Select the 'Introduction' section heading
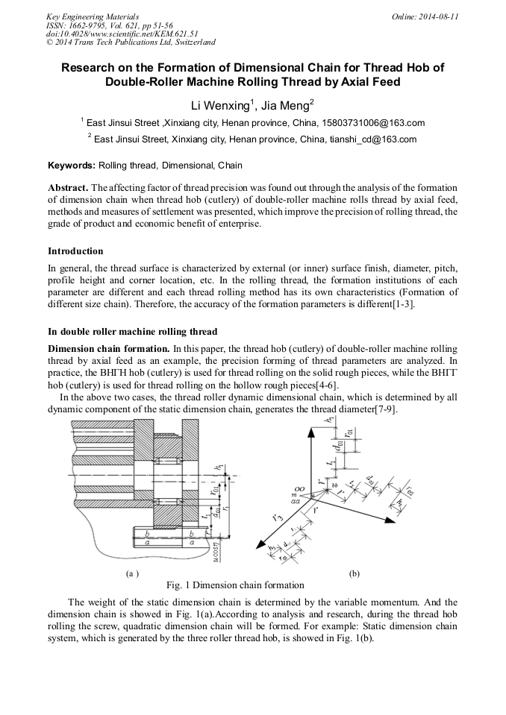(75, 251)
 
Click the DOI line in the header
(122, 34)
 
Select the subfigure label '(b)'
(354, 573)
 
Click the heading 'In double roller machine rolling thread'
(132, 331)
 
